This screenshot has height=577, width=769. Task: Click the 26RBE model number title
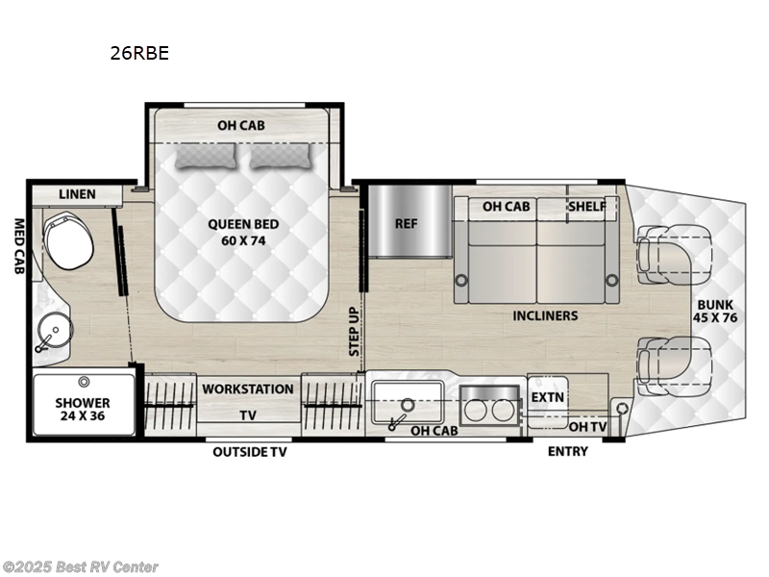[139, 54]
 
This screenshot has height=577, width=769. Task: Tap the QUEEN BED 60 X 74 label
[243, 233]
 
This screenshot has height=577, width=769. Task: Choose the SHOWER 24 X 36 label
[82, 410]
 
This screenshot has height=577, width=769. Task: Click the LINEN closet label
[77, 194]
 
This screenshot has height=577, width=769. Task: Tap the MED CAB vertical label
[17, 247]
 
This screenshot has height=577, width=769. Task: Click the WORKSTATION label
[247, 389]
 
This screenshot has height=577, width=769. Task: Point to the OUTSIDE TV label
[250, 452]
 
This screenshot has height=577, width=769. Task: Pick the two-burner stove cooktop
[488, 406]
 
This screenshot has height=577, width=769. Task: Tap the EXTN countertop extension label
[548, 396]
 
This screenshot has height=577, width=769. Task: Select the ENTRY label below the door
[567, 452]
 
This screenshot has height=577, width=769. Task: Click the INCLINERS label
[545, 315]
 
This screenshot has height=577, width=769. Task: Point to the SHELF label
[587, 206]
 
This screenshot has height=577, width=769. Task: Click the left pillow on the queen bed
[209, 156]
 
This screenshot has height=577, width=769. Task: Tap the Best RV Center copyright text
[81, 567]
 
